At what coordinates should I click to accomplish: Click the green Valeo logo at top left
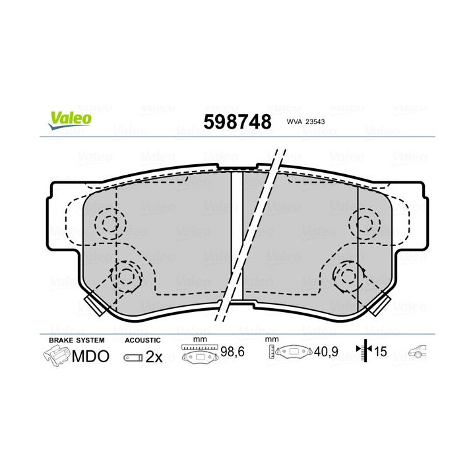coord(69,117)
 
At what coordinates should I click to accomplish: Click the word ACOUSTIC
coord(142,339)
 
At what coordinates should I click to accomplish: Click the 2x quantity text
coord(154,357)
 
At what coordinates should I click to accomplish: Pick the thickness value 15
coord(382,353)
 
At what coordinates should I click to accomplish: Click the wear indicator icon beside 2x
coord(133,358)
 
